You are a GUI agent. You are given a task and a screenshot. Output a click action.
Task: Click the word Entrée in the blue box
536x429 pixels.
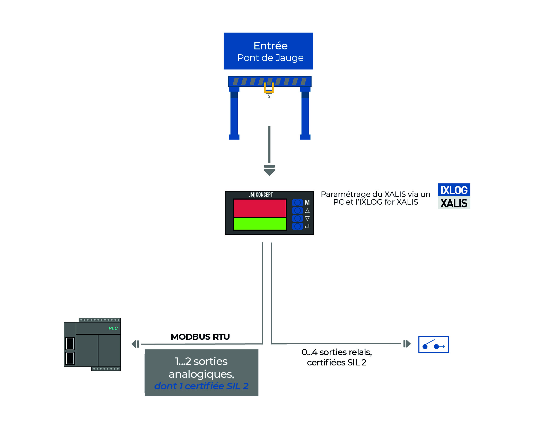270,46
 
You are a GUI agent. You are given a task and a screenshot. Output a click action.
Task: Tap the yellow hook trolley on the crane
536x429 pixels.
269,88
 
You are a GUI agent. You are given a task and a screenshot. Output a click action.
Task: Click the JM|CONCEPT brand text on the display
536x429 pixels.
261,195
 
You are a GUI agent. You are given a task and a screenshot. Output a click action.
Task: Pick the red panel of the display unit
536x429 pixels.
260,208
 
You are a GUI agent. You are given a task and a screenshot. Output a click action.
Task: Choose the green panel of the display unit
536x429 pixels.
260,223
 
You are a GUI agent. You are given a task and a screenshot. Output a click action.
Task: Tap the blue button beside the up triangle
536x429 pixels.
297,211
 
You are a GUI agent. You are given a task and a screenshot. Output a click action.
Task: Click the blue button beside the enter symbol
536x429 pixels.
297,226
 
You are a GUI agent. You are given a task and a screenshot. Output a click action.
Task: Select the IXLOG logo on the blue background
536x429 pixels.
454,190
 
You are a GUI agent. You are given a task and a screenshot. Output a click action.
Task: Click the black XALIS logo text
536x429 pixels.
454,203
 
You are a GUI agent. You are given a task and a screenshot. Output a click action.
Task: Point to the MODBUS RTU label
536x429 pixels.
200,337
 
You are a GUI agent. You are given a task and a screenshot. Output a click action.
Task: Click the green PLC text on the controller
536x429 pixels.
113,328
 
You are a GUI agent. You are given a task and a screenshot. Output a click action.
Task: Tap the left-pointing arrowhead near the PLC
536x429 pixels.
135,344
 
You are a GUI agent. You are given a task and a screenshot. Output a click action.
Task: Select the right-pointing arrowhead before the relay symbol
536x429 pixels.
407,344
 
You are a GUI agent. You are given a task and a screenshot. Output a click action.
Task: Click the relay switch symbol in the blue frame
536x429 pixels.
433,344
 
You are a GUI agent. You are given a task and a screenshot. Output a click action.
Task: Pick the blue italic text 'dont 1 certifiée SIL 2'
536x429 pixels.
201,386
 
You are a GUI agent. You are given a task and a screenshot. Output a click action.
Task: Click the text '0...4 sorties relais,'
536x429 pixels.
337,352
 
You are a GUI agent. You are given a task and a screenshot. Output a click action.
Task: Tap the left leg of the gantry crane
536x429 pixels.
234,113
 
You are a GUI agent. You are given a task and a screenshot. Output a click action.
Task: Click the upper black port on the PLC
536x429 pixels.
70,343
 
